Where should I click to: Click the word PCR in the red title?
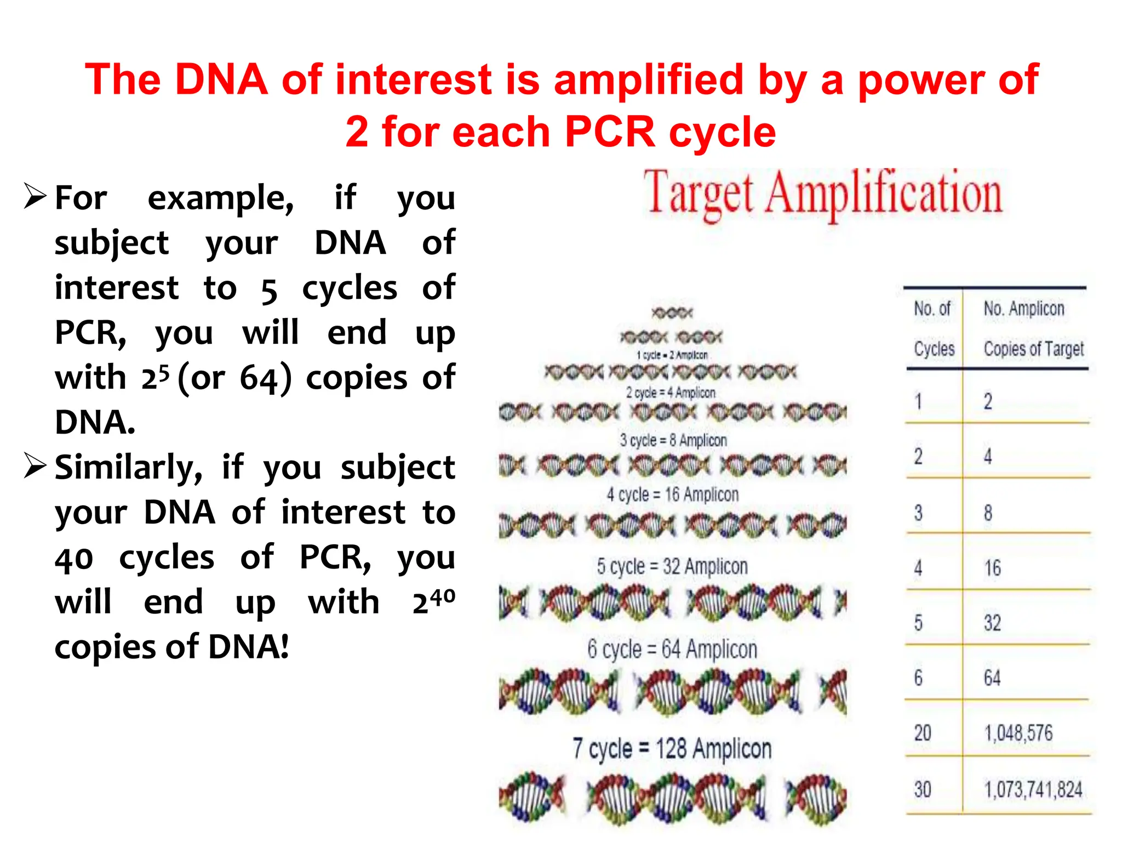[x=609, y=132]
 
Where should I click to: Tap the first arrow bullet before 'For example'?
[x=35, y=196]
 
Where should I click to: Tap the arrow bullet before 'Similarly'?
[x=35, y=466]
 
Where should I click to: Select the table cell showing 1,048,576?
[x=1018, y=733]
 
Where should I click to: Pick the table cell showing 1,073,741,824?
[x=1033, y=789]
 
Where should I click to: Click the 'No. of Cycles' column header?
[x=934, y=328]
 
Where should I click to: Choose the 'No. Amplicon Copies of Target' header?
[x=1033, y=328]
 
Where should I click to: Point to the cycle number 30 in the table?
[x=923, y=789]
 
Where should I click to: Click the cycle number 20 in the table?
[x=923, y=733]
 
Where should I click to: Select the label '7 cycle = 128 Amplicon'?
[x=672, y=748]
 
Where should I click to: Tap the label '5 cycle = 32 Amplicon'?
[x=672, y=566]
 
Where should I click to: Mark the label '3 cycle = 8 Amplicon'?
[x=673, y=440]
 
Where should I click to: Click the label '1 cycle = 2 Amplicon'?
[x=672, y=355]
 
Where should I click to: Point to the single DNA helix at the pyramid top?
[x=672, y=313]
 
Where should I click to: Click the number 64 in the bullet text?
[x=260, y=378]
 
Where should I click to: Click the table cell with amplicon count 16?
[x=992, y=568]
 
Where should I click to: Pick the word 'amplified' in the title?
[x=649, y=79]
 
